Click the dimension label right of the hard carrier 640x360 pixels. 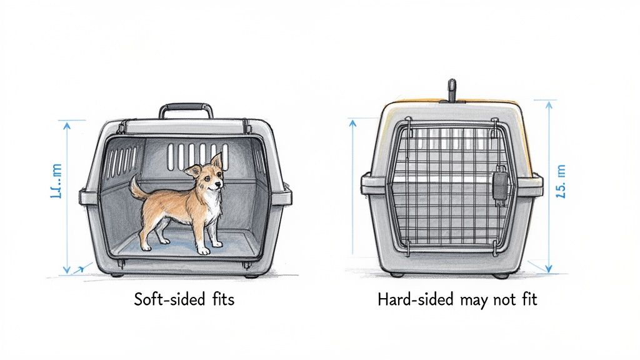560,181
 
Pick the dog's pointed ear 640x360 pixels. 216,160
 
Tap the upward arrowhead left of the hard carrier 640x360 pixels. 351,122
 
